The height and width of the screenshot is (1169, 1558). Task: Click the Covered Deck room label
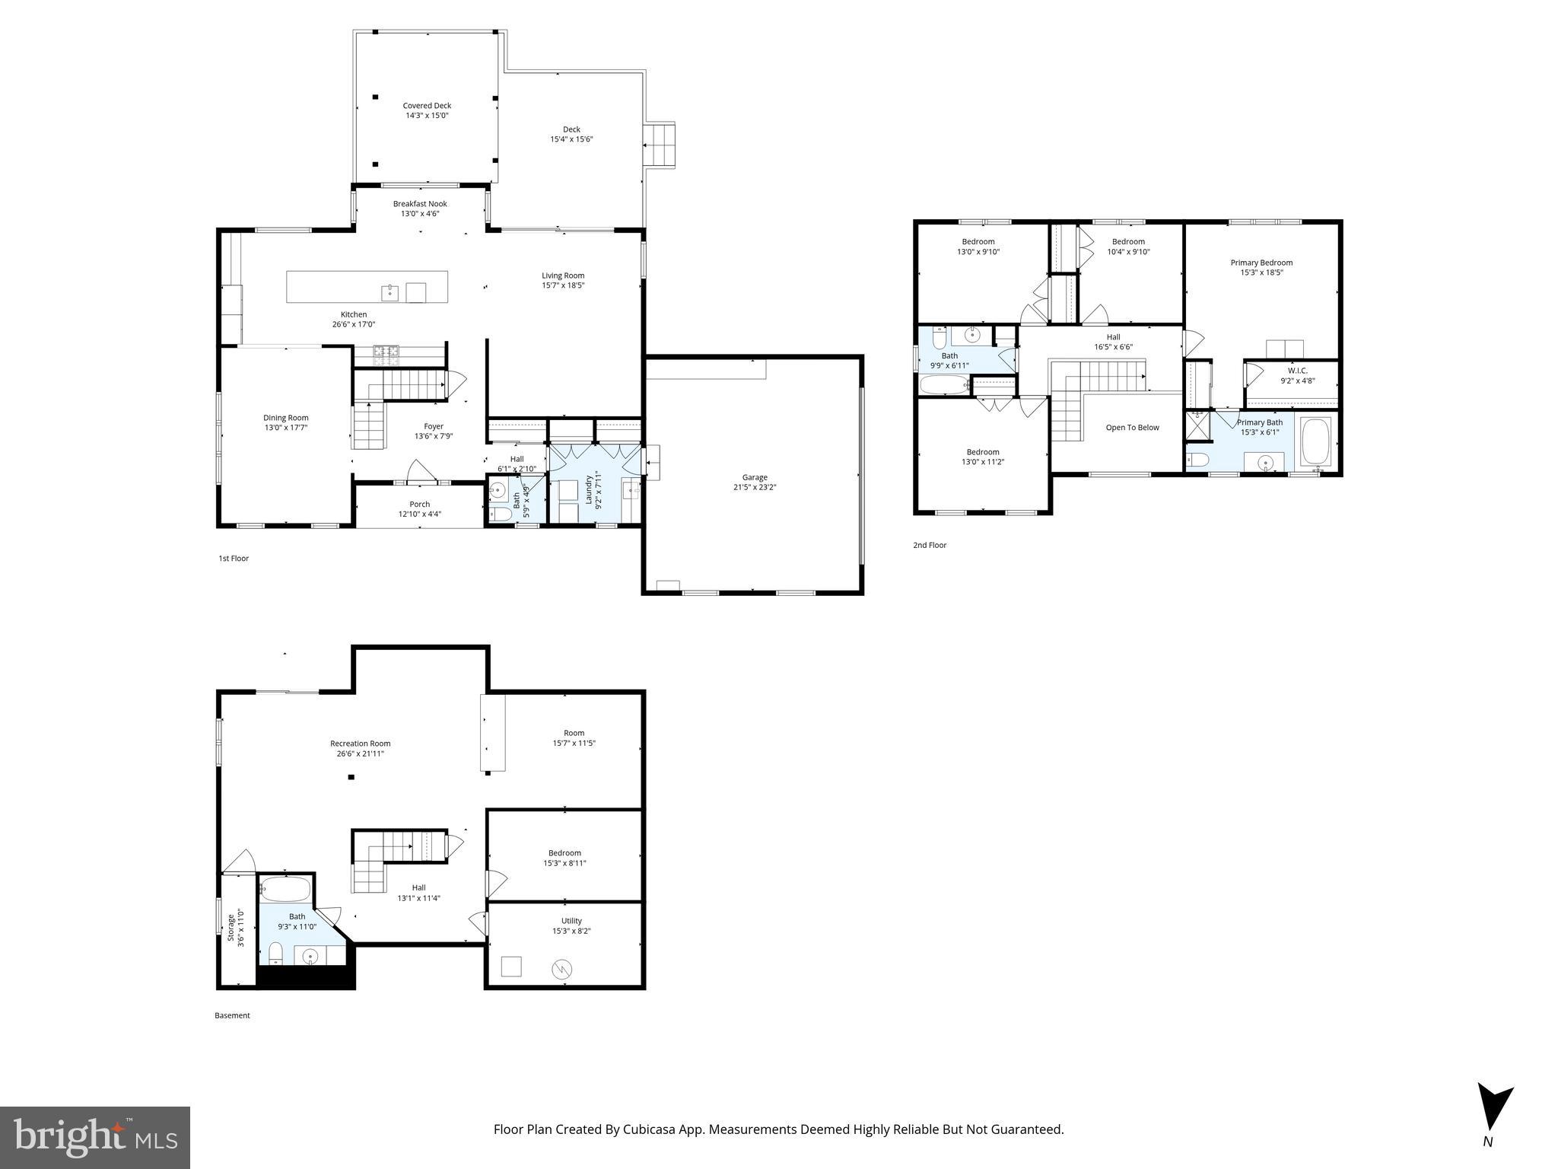tap(427, 106)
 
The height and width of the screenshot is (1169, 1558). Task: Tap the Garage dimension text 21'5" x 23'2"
tap(755, 487)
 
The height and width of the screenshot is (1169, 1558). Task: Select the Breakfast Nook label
tap(420, 204)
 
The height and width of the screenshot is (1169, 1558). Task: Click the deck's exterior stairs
tap(659, 145)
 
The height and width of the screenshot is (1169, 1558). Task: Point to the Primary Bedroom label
tap(1261, 263)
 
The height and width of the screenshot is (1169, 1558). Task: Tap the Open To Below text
tap(1132, 428)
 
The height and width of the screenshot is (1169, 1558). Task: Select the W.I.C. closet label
tap(1297, 371)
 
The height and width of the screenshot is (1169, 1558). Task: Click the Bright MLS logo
tap(95, 1138)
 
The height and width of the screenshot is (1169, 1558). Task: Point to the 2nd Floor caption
tap(930, 545)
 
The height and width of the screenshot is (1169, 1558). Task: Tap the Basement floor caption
tap(232, 1015)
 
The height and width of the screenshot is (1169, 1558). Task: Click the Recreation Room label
tap(360, 744)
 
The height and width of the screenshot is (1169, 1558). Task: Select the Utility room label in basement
tap(571, 921)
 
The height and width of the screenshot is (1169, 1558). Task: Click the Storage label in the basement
tap(231, 927)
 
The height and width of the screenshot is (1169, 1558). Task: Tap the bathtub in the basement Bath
tap(285, 889)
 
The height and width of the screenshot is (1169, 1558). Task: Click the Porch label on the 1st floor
tap(419, 504)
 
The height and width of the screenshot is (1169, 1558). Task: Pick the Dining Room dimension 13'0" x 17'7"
tap(286, 428)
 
